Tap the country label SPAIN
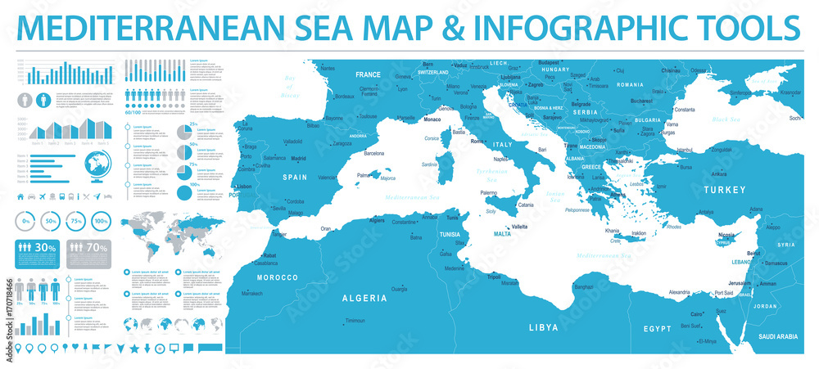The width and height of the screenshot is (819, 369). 296,177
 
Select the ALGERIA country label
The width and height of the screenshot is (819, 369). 365,299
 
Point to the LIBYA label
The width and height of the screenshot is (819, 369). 543,326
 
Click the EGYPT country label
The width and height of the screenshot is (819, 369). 656,328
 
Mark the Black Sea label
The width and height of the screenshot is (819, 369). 726,119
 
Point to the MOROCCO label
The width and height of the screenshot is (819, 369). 278,277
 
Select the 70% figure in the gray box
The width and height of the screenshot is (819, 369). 97,248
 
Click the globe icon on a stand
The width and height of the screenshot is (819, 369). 97,165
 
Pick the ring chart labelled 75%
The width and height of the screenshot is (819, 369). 77,222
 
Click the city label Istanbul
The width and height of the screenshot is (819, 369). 685,151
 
